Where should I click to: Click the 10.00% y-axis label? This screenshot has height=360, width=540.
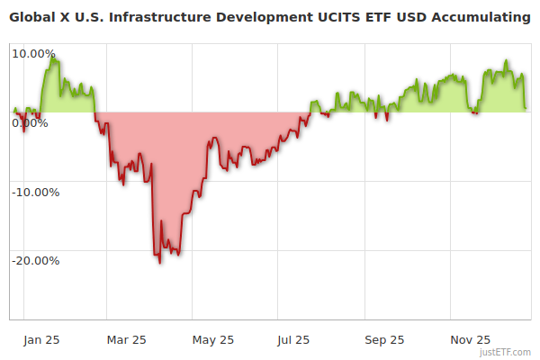[33, 53]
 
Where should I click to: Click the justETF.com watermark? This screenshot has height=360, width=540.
[506, 352]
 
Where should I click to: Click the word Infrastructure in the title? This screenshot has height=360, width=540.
[162, 16]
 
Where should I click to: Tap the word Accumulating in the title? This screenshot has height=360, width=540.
[481, 16]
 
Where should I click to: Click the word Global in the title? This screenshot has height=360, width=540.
[32, 16]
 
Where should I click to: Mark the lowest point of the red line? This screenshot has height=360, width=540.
[159, 263]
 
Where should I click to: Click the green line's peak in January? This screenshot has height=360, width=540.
[54, 59]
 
